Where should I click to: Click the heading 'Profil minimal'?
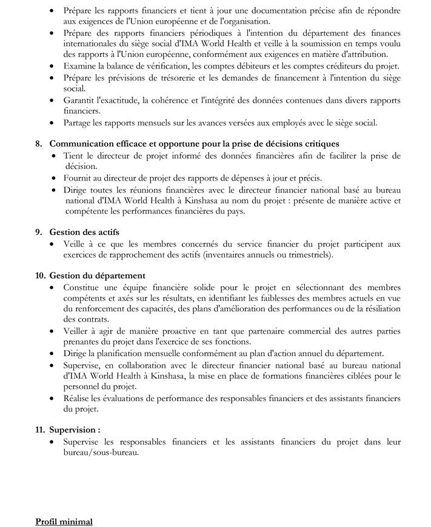tap(64, 521)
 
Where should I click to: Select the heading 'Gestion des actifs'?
tap(84, 232)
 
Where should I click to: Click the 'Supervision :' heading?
tap(75, 429)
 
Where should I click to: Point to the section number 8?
tap(39, 144)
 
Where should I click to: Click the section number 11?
tap(40, 429)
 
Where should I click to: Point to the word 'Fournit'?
tap(78, 178)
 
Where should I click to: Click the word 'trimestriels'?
tap(309, 255)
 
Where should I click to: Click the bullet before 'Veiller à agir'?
tap(55, 331)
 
